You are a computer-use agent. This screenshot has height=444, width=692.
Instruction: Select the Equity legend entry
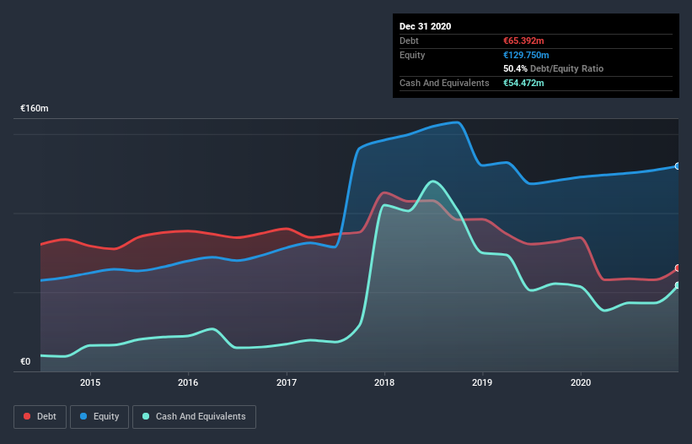(99, 416)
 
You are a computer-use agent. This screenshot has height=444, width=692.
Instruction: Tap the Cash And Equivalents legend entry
(194, 416)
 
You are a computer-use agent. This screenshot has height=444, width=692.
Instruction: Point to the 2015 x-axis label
(90, 382)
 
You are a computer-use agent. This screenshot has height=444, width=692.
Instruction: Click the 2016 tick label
(188, 382)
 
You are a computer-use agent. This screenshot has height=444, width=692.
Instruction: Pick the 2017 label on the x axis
(287, 382)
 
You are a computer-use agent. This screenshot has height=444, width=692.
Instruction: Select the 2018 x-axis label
(384, 382)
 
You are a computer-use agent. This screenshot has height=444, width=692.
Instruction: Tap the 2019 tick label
(483, 382)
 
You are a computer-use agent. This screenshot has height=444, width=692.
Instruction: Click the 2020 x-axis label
(581, 382)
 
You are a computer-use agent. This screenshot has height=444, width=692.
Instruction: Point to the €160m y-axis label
(35, 109)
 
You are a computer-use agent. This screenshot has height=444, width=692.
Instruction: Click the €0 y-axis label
(25, 361)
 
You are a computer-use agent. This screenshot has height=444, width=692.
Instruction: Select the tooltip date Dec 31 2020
(425, 26)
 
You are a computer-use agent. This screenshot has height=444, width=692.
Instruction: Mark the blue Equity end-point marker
(678, 166)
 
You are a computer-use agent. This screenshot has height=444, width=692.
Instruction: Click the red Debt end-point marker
(678, 268)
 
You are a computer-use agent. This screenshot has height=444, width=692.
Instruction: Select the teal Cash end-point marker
(678, 285)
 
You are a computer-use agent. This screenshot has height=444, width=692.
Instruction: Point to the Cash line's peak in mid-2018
(433, 181)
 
